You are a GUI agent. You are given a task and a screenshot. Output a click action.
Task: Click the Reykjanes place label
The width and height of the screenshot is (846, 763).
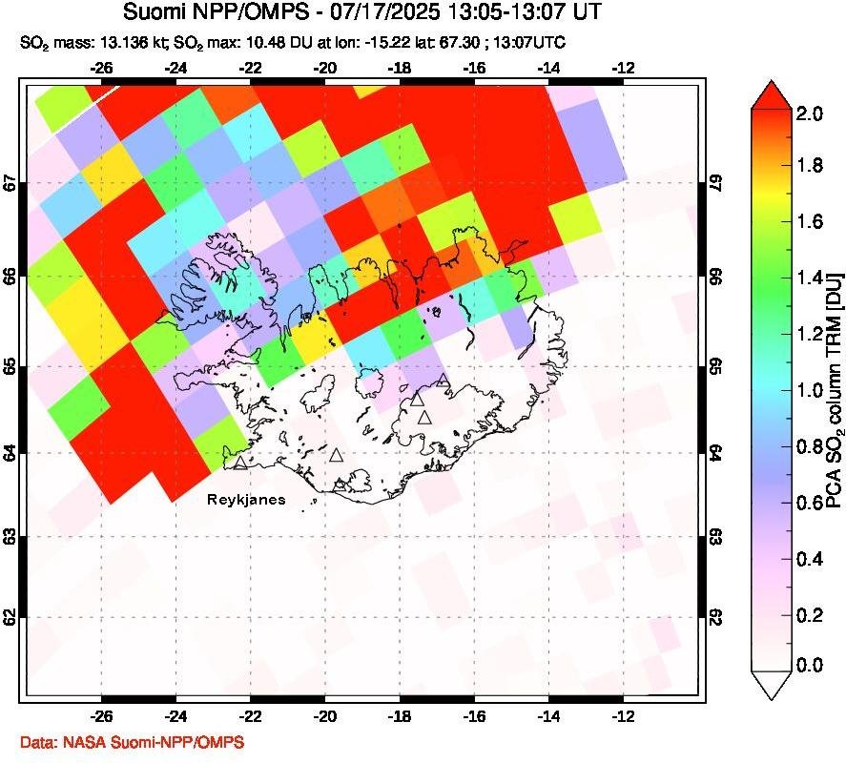point(246,500)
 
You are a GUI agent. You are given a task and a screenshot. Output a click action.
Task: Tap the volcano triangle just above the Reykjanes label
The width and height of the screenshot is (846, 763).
point(240,463)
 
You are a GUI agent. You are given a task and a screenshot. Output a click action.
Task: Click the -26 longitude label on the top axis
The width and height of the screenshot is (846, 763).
point(102,68)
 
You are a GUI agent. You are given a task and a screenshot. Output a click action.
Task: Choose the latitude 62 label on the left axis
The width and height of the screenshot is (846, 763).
point(9,618)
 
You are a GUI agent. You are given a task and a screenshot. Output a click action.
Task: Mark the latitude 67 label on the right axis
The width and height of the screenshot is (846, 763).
point(714,181)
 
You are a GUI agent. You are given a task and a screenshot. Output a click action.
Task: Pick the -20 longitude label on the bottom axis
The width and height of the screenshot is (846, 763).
point(325,715)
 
